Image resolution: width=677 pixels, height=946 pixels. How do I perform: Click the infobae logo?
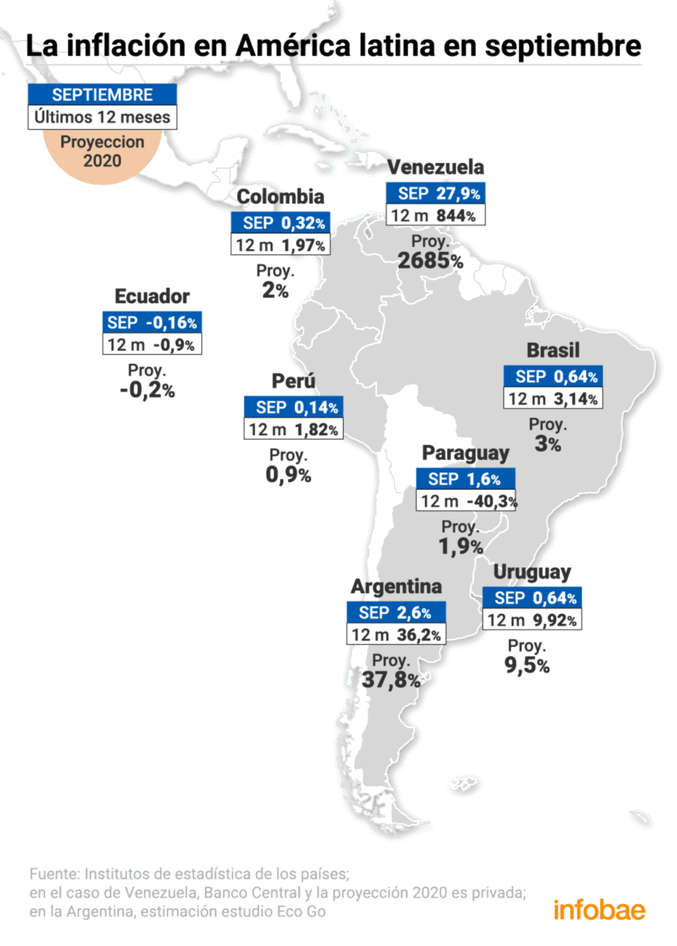point(599,909)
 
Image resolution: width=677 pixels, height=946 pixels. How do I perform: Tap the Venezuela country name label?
point(435,167)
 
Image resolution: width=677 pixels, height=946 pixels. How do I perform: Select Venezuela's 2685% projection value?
point(430,260)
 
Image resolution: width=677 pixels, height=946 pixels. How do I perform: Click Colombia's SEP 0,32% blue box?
point(281,223)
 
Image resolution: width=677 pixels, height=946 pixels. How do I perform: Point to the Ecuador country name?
point(152,296)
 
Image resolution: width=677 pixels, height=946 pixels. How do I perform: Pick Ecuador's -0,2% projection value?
point(147,390)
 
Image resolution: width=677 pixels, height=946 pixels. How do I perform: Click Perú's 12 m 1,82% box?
point(293,429)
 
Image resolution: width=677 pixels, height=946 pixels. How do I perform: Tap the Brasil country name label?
point(553,350)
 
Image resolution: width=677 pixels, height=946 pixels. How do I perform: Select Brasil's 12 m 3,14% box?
point(552,398)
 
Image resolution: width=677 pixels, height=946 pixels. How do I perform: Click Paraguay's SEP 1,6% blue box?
point(465,479)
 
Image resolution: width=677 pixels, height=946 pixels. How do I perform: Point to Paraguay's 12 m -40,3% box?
point(466,501)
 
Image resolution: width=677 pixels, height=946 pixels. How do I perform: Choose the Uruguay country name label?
point(531,572)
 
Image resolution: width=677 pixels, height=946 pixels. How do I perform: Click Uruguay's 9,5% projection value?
point(527,665)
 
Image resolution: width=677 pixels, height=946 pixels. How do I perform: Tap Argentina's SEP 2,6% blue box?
point(396,613)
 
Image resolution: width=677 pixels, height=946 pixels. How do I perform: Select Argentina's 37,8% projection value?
point(391,679)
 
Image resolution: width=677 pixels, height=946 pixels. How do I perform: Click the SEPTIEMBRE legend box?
point(102,95)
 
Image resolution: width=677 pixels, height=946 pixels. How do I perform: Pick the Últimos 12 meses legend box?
point(102,117)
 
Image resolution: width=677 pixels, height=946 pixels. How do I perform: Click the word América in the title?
point(293,45)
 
